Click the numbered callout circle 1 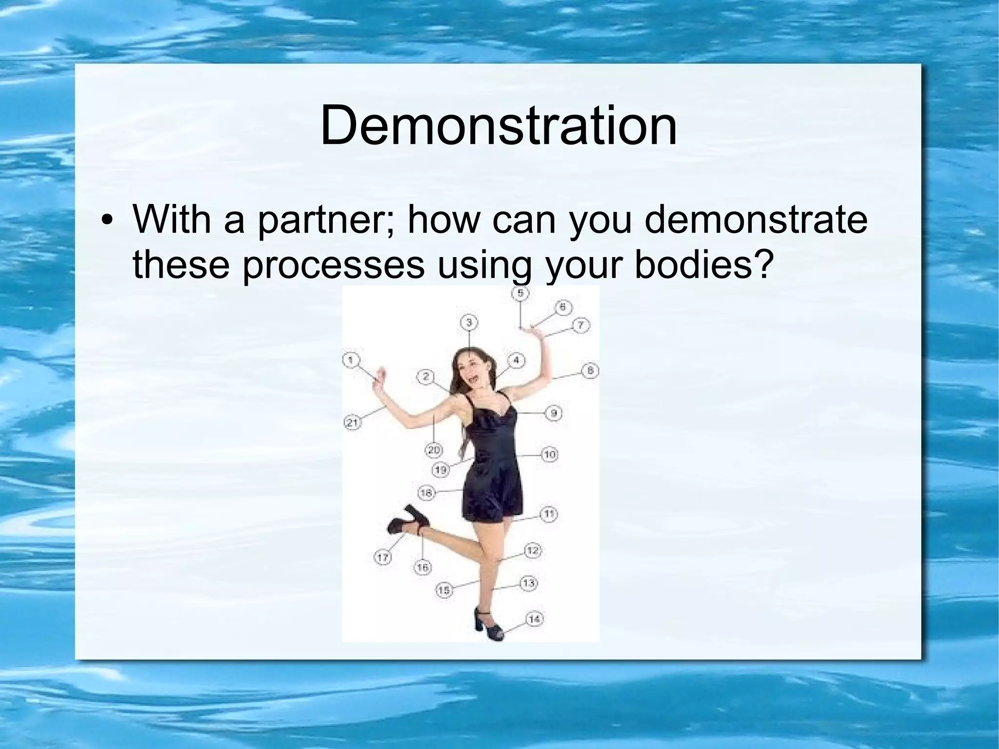(351, 361)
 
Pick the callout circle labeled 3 (469, 323)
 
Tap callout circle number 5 (520, 293)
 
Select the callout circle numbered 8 (590, 370)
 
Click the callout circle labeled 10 (549, 455)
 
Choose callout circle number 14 (534, 619)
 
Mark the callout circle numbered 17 (383, 557)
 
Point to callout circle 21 (352, 423)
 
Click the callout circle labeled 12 (532, 551)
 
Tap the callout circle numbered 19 (440, 470)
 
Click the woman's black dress (490, 468)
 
